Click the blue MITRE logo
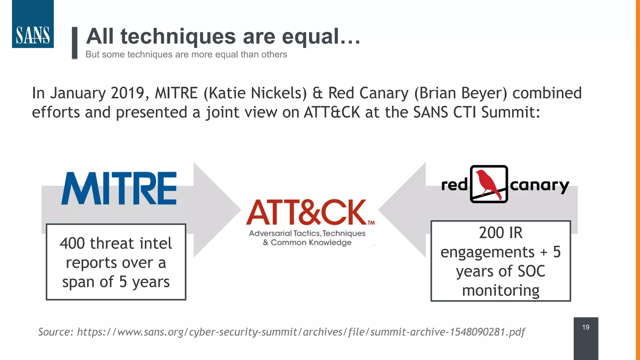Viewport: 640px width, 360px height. (119, 188)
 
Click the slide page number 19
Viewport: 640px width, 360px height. (586, 327)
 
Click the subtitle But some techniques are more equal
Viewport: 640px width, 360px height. (186, 54)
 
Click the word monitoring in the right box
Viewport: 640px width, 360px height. (501, 291)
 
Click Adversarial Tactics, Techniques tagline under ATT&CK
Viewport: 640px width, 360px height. (307, 233)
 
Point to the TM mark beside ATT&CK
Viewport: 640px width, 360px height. (371, 223)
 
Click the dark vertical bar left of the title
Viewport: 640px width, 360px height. (74, 43)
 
